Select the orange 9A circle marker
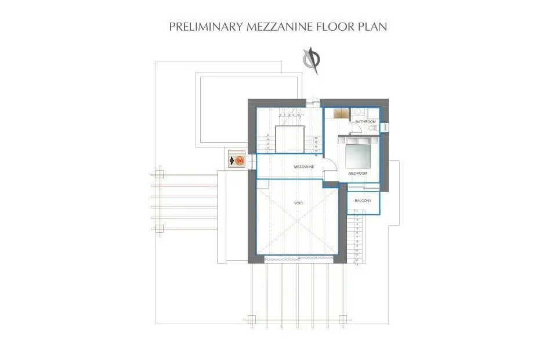pyautogui.click(x=240, y=160)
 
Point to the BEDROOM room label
pyautogui.click(x=358, y=173)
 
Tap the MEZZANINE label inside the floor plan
pyautogui.click(x=303, y=167)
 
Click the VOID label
pyautogui.click(x=298, y=203)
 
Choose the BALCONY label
pyautogui.click(x=363, y=201)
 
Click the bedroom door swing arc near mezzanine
pyautogui.click(x=328, y=167)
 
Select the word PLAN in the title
pyautogui.click(x=374, y=27)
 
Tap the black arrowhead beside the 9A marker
pyautogui.click(x=232, y=160)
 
